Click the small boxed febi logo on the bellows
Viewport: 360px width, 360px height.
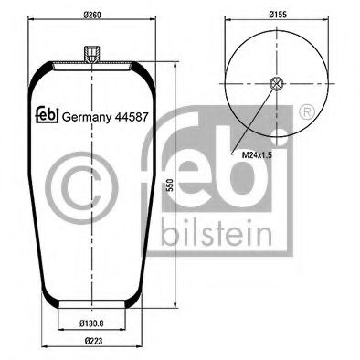click(46, 115)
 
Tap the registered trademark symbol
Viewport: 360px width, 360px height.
click(307, 112)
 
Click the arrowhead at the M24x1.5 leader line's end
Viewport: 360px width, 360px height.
click(273, 89)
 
